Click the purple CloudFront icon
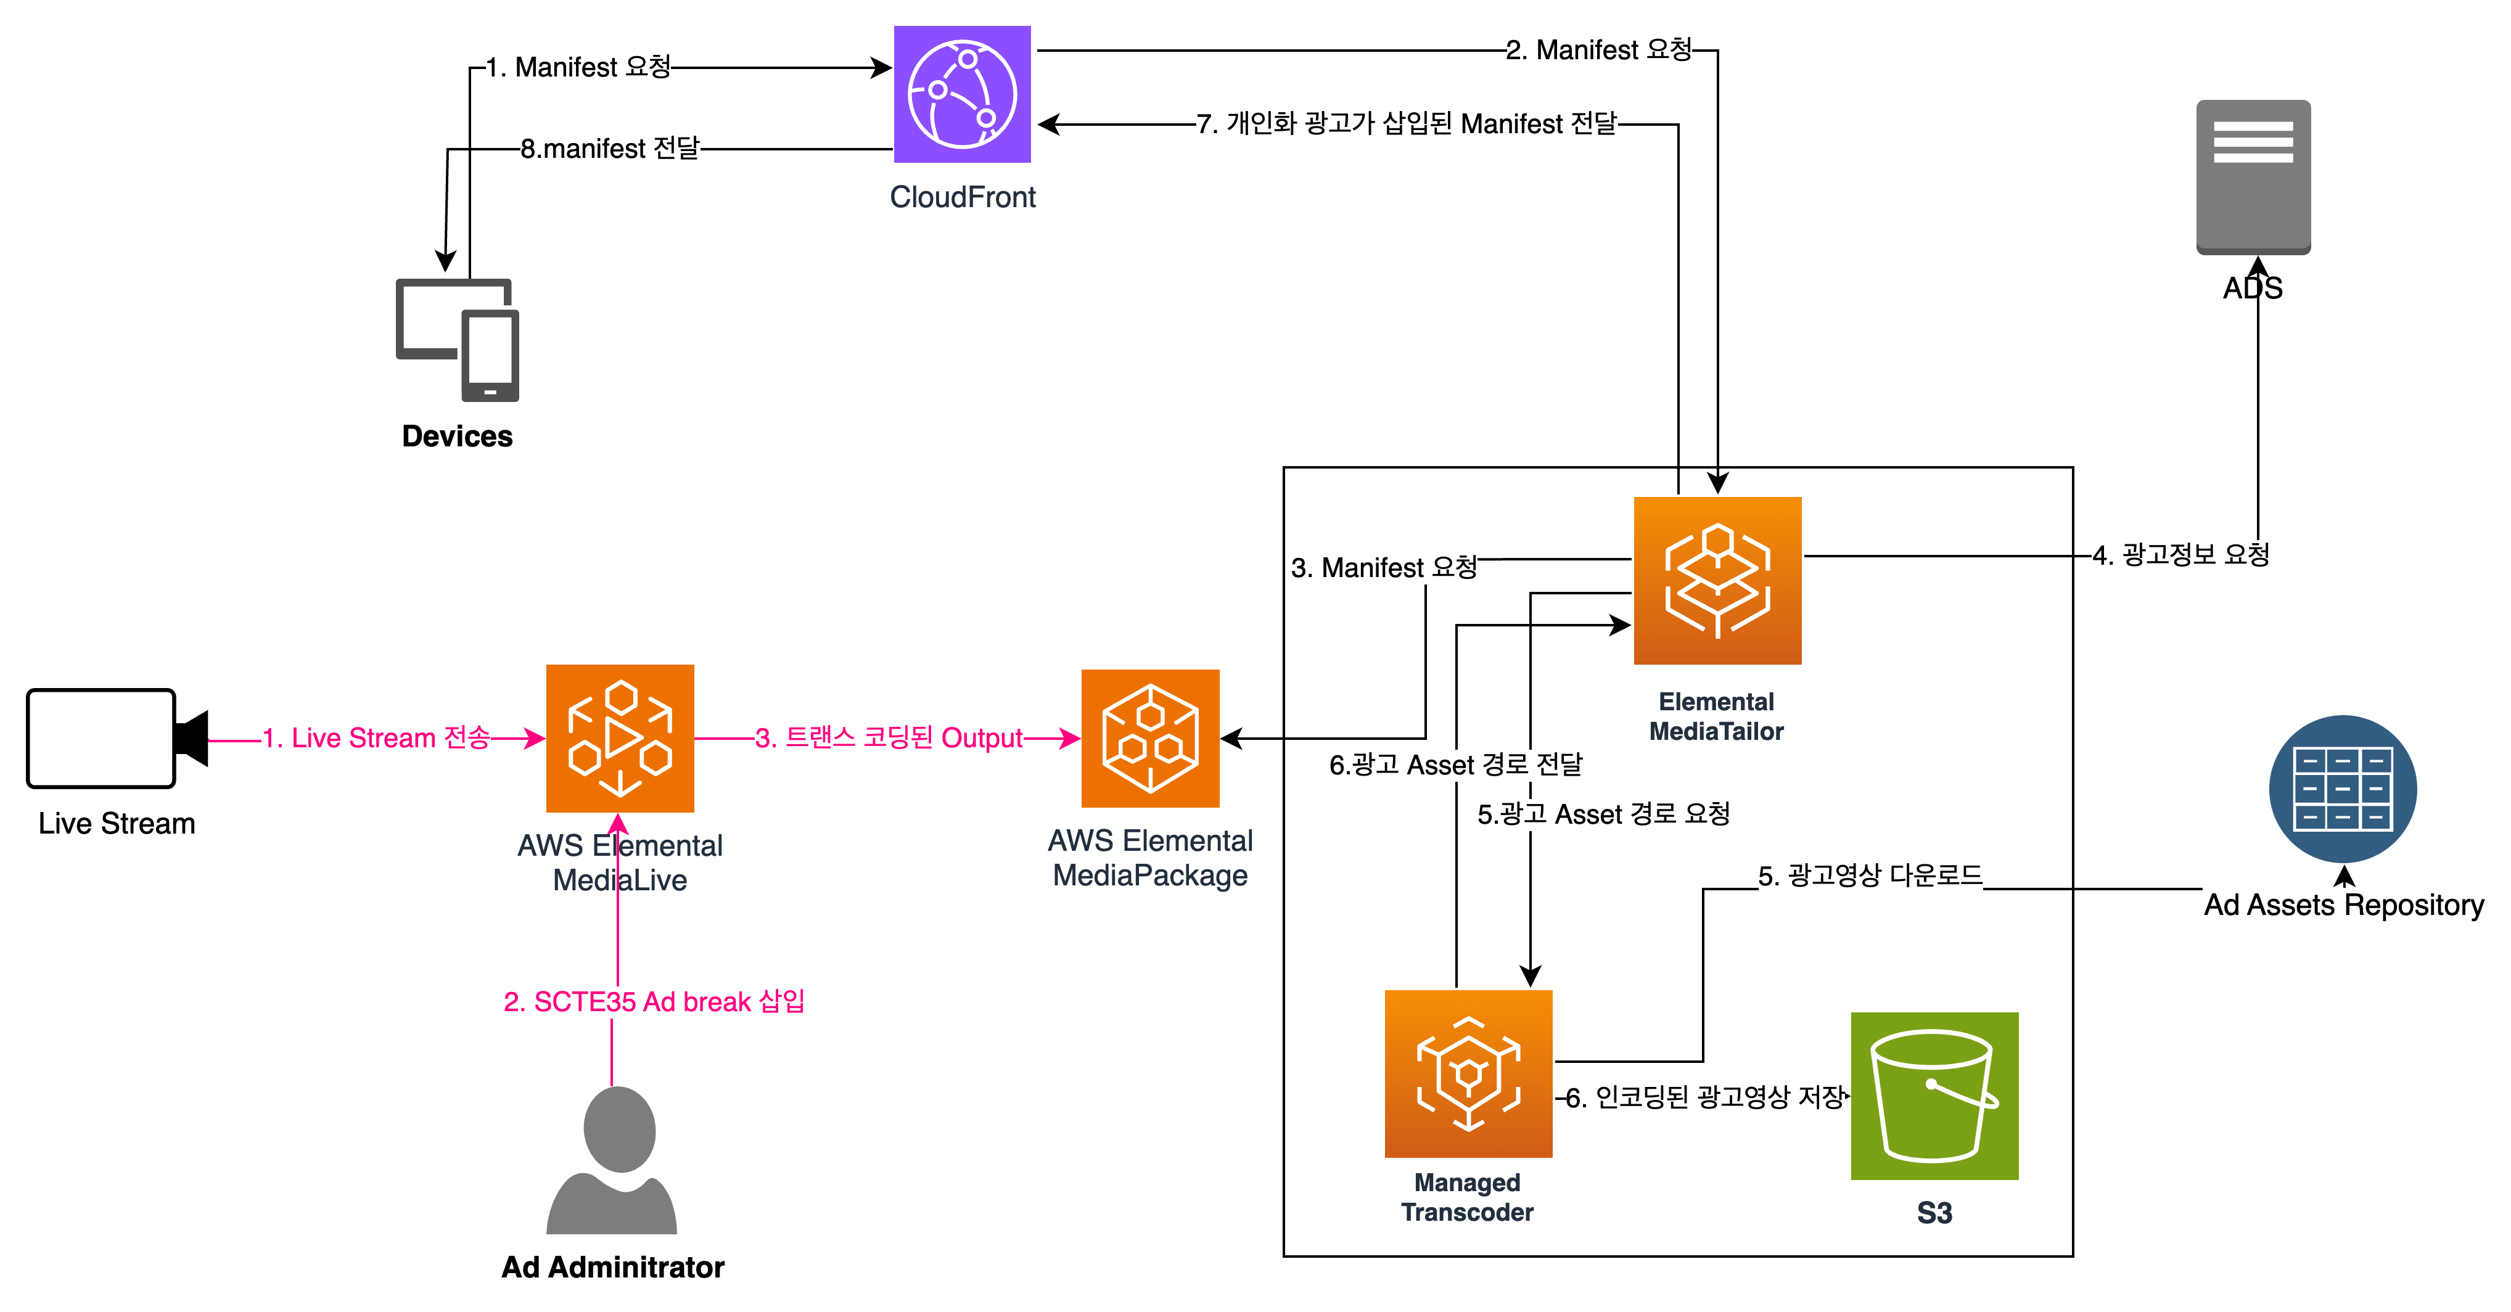[962, 94]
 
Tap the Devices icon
[457, 340]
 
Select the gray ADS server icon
[2253, 176]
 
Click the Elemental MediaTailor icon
[1717, 581]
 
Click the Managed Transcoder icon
[1469, 1074]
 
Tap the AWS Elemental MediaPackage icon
[1150, 738]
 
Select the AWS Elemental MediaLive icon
[620, 739]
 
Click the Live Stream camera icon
[117, 738]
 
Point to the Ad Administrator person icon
[612, 1160]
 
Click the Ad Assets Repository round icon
[2343, 789]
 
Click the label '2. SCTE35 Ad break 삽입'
[654, 1002]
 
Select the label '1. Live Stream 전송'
[376, 738]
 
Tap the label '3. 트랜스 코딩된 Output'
[889, 738]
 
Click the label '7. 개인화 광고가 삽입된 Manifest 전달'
[1407, 124]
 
